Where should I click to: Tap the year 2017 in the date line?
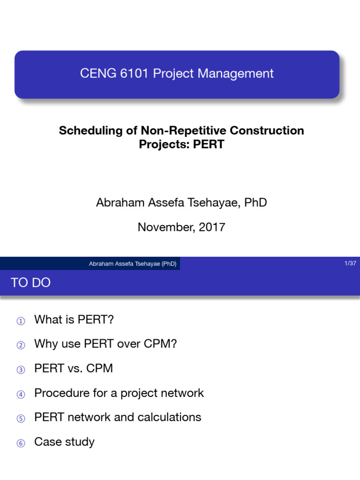tap(212, 227)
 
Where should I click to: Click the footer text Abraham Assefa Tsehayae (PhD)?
tap(133, 264)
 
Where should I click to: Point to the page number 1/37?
tap(350, 263)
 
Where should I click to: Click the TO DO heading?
tap(30, 283)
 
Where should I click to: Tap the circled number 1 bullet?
tap(20, 321)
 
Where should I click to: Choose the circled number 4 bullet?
tap(20, 394)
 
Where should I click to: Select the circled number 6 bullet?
tap(20, 443)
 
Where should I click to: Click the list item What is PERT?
tap(74, 320)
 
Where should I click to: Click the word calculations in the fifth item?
tap(169, 417)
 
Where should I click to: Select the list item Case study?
tap(64, 442)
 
